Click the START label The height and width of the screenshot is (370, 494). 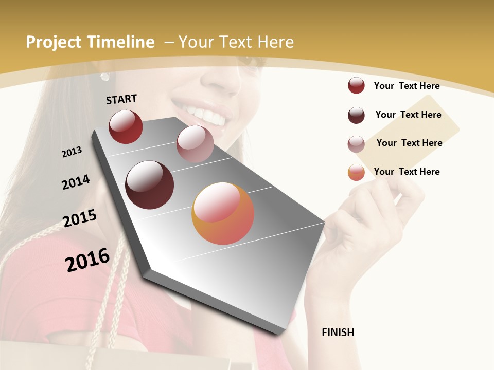(x=121, y=99)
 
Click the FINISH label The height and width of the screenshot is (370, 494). (x=338, y=332)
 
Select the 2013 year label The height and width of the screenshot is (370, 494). (x=72, y=152)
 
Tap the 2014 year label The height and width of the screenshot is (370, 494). (x=76, y=182)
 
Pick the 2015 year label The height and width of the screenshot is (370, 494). (x=80, y=218)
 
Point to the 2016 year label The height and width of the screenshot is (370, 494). (x=87, y=260)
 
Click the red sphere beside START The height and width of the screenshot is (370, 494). (x=126, y=126)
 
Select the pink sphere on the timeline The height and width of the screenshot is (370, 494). (x=195, y=144)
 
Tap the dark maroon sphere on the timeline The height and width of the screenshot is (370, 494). (x=150, y=184)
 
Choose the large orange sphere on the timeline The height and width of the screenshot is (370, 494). (x=223, y=213)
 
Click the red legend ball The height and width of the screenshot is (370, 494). (x=356, y=86)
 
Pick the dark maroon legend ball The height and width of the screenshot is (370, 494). (x=356, y=115)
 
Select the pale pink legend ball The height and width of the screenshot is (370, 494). (x=356, y=144)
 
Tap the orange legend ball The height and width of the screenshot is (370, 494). (x=356, y=172)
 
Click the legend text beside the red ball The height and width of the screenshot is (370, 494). (x=407, y=86)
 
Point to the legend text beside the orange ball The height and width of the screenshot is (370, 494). (x=407, y=172)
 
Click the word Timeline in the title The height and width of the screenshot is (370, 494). (x=121, y=42)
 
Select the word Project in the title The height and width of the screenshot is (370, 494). (x=54, y=42)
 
